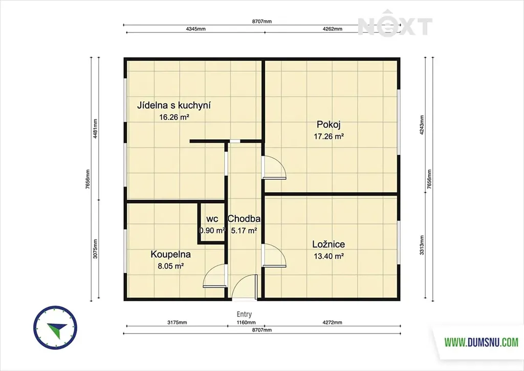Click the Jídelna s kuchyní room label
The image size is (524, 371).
174,106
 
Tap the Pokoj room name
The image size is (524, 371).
329,125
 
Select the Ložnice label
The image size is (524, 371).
329,244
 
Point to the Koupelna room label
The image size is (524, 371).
170,254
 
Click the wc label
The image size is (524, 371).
212,219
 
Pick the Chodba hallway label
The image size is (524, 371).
244,219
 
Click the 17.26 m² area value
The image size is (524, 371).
329,136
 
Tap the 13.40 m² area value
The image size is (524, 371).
329,256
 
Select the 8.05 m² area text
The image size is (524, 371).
171,266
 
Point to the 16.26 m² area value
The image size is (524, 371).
174,117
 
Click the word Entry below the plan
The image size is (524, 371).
244,314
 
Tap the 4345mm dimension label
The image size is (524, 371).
196,29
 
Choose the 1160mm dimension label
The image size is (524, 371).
246,322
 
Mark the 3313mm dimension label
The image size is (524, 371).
422,245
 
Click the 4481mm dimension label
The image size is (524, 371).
95,129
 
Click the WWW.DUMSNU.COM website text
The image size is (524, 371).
481,342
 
